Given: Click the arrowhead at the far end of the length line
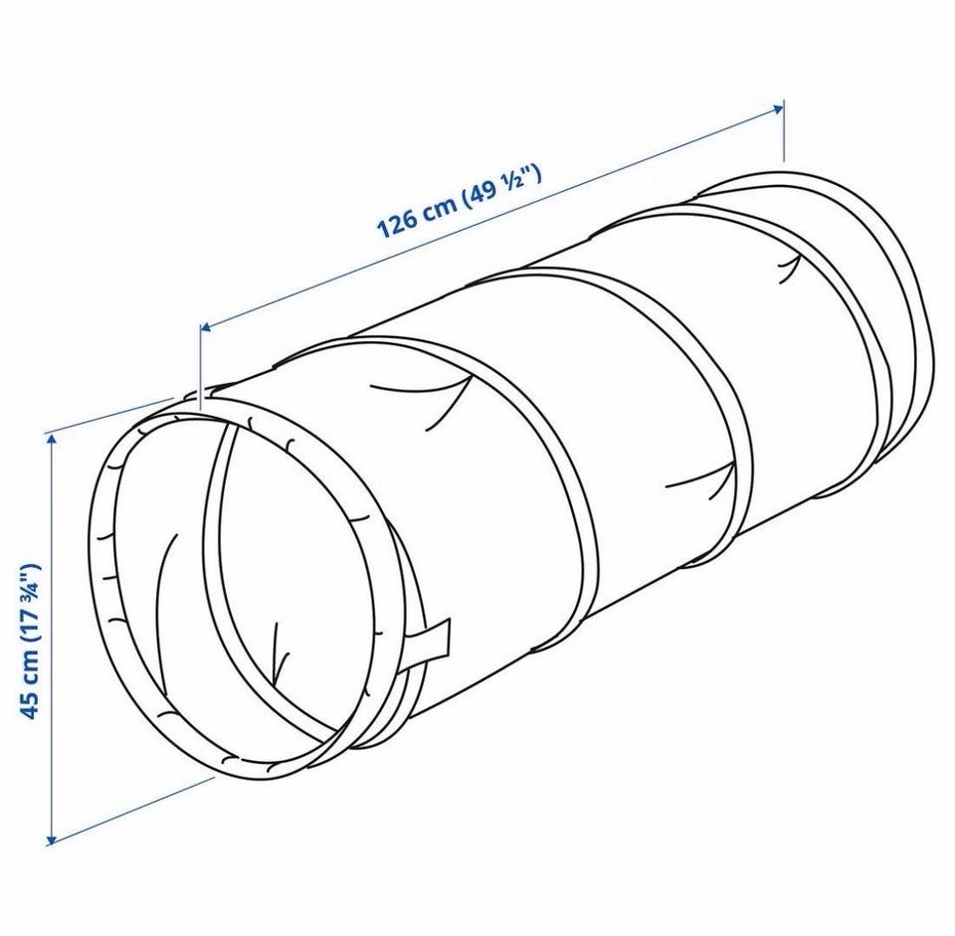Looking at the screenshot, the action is pos(777,108).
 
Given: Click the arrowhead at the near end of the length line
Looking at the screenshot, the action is pos(207,329).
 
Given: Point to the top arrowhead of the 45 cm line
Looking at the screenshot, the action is pos(51,439).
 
